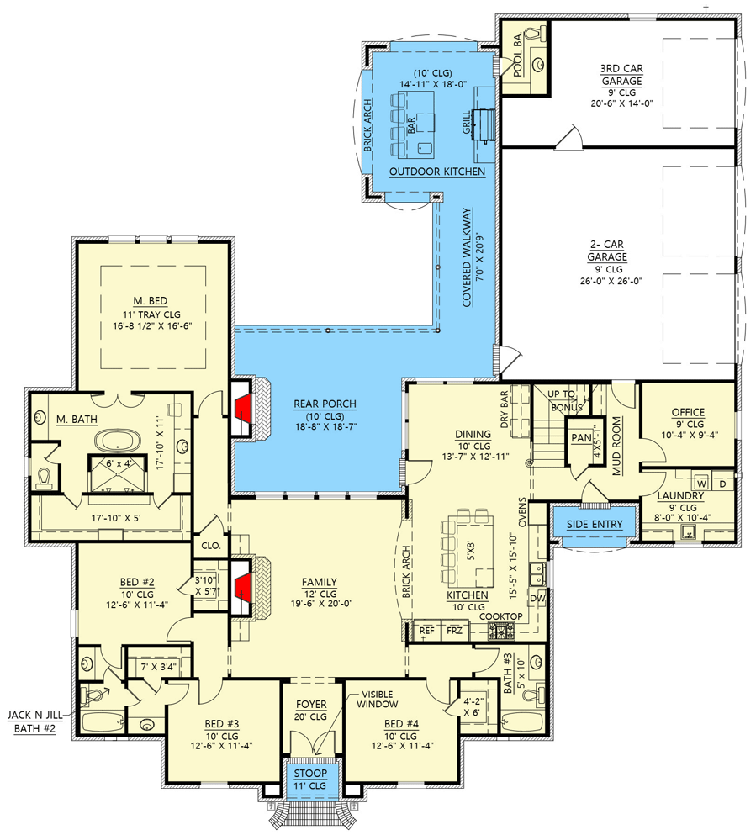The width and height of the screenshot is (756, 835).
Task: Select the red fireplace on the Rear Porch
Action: [242, 408]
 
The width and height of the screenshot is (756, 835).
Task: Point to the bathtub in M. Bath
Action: [117, 440]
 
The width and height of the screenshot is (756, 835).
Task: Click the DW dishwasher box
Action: [537, 597]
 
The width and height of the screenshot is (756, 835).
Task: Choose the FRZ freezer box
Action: [454, 630]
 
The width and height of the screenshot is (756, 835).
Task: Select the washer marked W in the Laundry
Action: [700, 484]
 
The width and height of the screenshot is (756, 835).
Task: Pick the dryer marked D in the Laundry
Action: [722, 484]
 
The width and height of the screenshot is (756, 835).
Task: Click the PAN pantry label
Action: [581, 438]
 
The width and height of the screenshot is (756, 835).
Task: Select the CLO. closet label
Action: [209, 545]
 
